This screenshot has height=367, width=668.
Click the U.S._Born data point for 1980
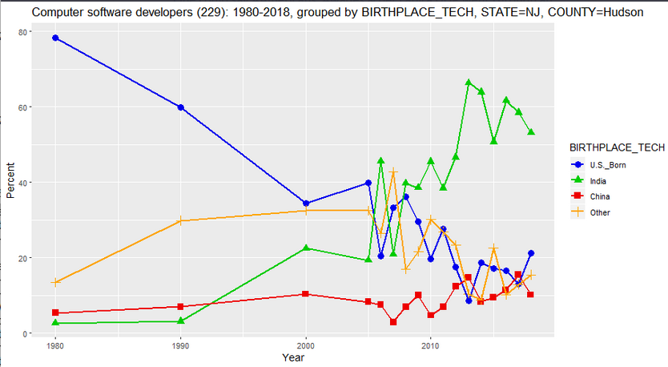point(55,38)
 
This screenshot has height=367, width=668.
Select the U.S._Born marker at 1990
point(181,107)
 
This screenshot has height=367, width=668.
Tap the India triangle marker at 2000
point(306,248)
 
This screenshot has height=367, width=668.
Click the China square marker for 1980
point(55,313)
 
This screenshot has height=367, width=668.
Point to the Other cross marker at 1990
point(181,221)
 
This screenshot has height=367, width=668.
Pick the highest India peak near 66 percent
point(469,83)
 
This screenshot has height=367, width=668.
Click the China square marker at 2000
point(306,294)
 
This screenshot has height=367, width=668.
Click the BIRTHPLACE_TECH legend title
point(617,147)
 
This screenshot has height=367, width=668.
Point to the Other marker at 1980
point(55,282)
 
